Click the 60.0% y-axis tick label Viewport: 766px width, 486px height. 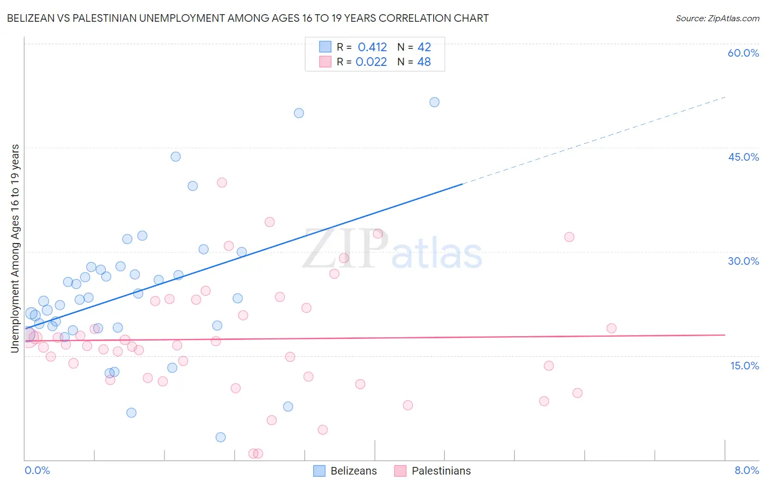(743, 53)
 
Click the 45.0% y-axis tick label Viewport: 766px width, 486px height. (743, 157)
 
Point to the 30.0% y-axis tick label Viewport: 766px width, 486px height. (743, 261)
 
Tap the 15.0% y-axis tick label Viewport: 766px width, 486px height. (744, 366)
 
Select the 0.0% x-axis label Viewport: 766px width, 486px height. (37, 470)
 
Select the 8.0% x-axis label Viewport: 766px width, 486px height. (746, 470)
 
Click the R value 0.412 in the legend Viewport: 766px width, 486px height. (372, 47)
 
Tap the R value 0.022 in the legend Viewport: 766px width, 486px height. (371, 62)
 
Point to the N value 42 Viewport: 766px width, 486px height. (424, 47)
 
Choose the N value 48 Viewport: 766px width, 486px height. (424, 62)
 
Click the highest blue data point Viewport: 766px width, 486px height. (434, 102)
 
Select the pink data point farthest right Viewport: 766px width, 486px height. (611, 328)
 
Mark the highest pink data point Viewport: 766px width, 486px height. (222, 183)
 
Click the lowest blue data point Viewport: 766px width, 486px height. (221, 437)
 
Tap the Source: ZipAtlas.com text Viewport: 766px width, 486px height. (717, 19)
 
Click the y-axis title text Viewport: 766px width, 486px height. (15, 248)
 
